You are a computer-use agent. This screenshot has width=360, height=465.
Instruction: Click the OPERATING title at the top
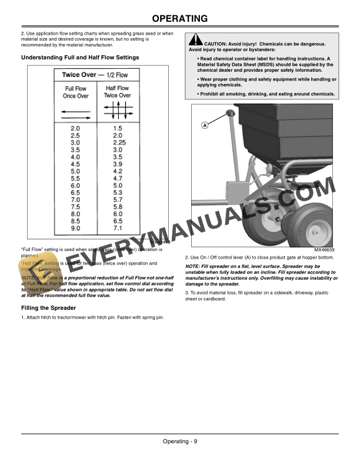coord(180,19)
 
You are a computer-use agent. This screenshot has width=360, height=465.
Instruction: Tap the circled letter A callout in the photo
coord(205,125)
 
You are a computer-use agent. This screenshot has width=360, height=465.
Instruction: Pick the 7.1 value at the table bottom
coord(117,228)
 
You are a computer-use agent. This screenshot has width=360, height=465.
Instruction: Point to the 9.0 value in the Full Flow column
coord(75,228)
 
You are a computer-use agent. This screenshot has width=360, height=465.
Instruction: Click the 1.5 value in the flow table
coord(117,128)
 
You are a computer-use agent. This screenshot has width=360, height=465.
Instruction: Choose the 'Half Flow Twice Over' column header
coord(117,92)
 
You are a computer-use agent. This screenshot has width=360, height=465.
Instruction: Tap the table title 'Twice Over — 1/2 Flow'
coord(95,75)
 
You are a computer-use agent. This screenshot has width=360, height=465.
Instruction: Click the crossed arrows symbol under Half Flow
coord(118,110)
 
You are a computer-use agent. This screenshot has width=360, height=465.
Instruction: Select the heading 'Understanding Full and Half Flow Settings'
coord(80,58)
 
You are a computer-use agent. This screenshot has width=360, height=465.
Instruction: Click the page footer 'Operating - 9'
coord(180,441)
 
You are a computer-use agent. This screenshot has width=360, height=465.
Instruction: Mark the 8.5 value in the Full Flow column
coord(75,220)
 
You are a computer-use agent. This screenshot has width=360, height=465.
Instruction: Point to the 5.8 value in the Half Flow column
coord(117,206)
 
